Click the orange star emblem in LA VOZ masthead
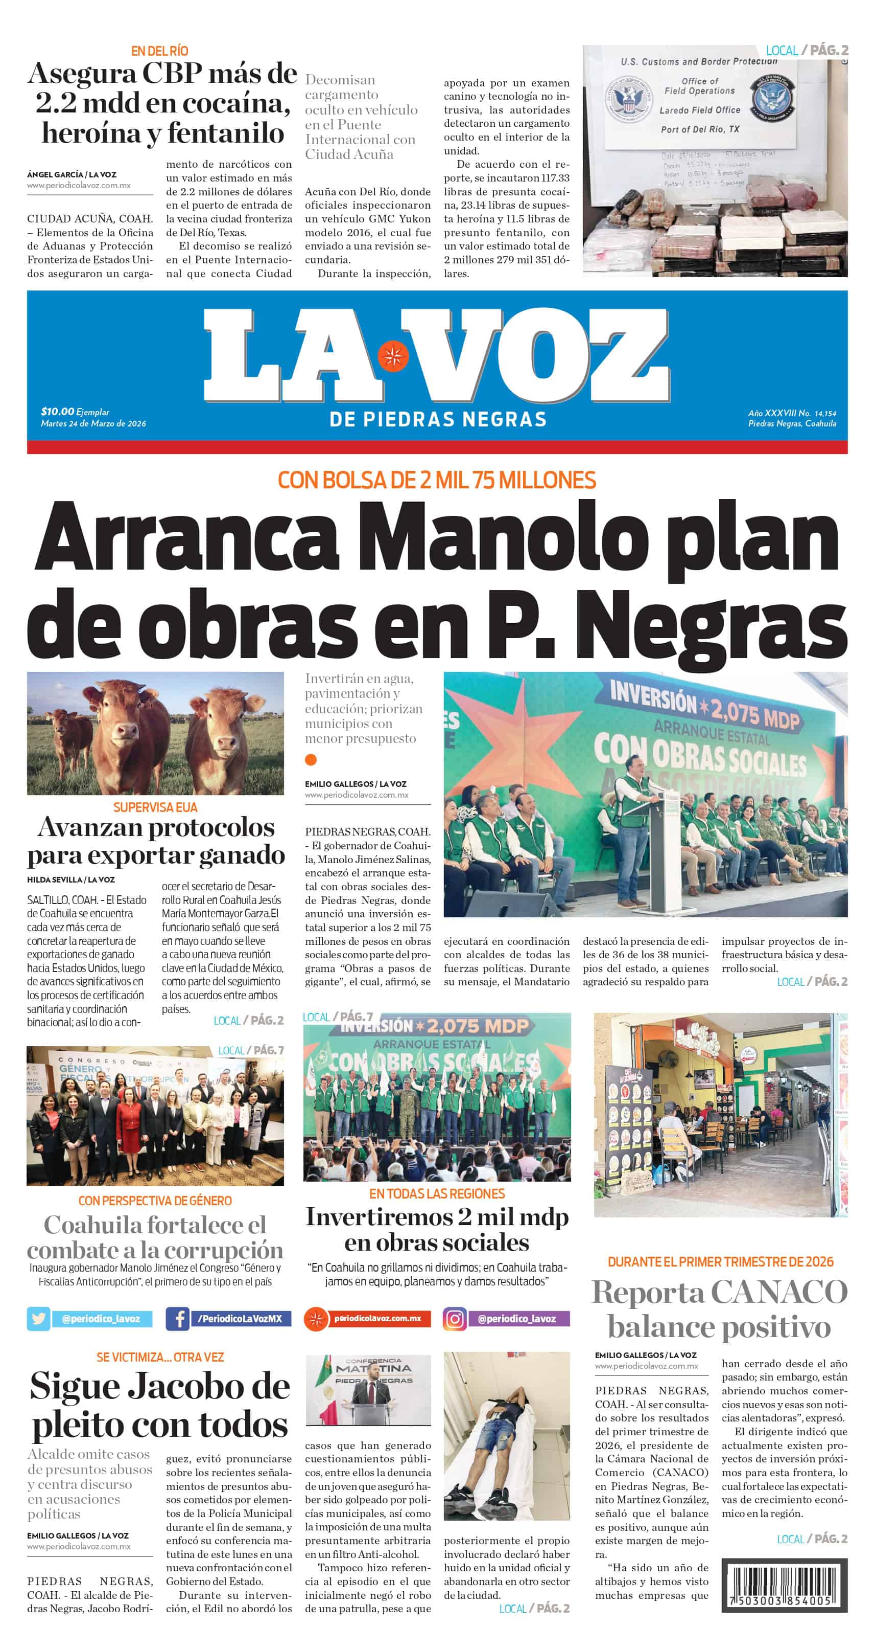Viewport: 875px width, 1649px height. [x=393, y=356]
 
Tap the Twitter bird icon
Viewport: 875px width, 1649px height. [x=38, y=1319]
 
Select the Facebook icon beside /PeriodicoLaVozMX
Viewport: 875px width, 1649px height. [x=178, y=1319]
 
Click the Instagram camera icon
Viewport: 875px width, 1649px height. [x=455, y=1319]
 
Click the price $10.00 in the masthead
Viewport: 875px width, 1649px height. [x=57, y=412]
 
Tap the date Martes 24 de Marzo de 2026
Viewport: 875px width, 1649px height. [x=93, y=424]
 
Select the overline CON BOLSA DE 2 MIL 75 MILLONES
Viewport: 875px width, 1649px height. [x=437, y=480]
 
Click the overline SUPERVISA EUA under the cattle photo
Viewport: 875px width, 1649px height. [x=155, y=807]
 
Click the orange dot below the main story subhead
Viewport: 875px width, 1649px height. [x=311, y=760]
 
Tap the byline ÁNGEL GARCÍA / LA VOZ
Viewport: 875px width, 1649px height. [x=72, y=174]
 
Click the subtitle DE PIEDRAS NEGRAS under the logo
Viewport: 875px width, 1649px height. [x=437, y=420]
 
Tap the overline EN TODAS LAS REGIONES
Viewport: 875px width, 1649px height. [x=437, y=1194]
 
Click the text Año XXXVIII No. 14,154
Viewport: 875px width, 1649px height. [x=792, y=414]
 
